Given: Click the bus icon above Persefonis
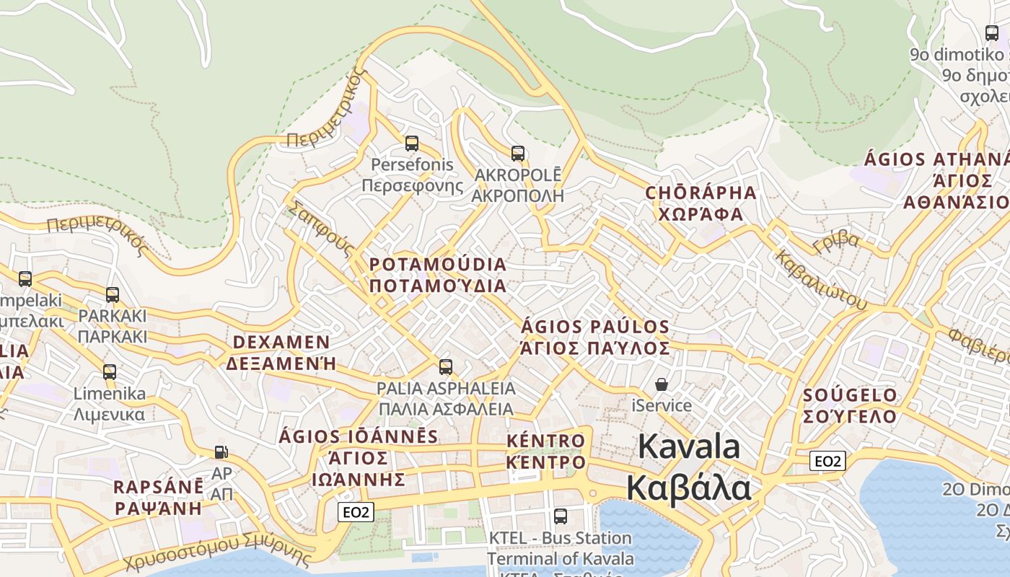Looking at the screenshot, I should point(411,144).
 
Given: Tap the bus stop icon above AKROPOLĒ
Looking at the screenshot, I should point(518,154).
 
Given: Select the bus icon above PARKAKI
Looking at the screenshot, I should point(113,295).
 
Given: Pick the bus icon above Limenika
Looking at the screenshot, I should point(110,372).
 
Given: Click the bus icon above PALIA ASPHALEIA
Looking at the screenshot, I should point(446,367).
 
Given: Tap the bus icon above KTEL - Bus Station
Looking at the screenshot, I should point(561,516).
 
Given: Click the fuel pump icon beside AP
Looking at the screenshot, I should point(221,453).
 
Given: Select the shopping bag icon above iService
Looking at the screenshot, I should point(662,385).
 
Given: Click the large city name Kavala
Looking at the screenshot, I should point(689,446).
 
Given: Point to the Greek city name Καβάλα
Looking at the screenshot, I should point(688,488).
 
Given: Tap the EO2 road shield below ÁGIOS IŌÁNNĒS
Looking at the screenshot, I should point(356,512).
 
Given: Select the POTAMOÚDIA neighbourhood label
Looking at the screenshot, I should point(438,265).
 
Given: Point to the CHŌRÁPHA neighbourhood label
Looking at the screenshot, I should point(701,193).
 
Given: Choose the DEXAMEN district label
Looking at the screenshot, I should point(281,342).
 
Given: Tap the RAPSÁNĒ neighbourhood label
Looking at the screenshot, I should point(159,487).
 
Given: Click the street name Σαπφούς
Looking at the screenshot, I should point(321,229).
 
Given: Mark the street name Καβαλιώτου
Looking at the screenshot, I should point(820,279).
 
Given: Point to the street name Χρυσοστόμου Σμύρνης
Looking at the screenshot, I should point(216,554).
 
